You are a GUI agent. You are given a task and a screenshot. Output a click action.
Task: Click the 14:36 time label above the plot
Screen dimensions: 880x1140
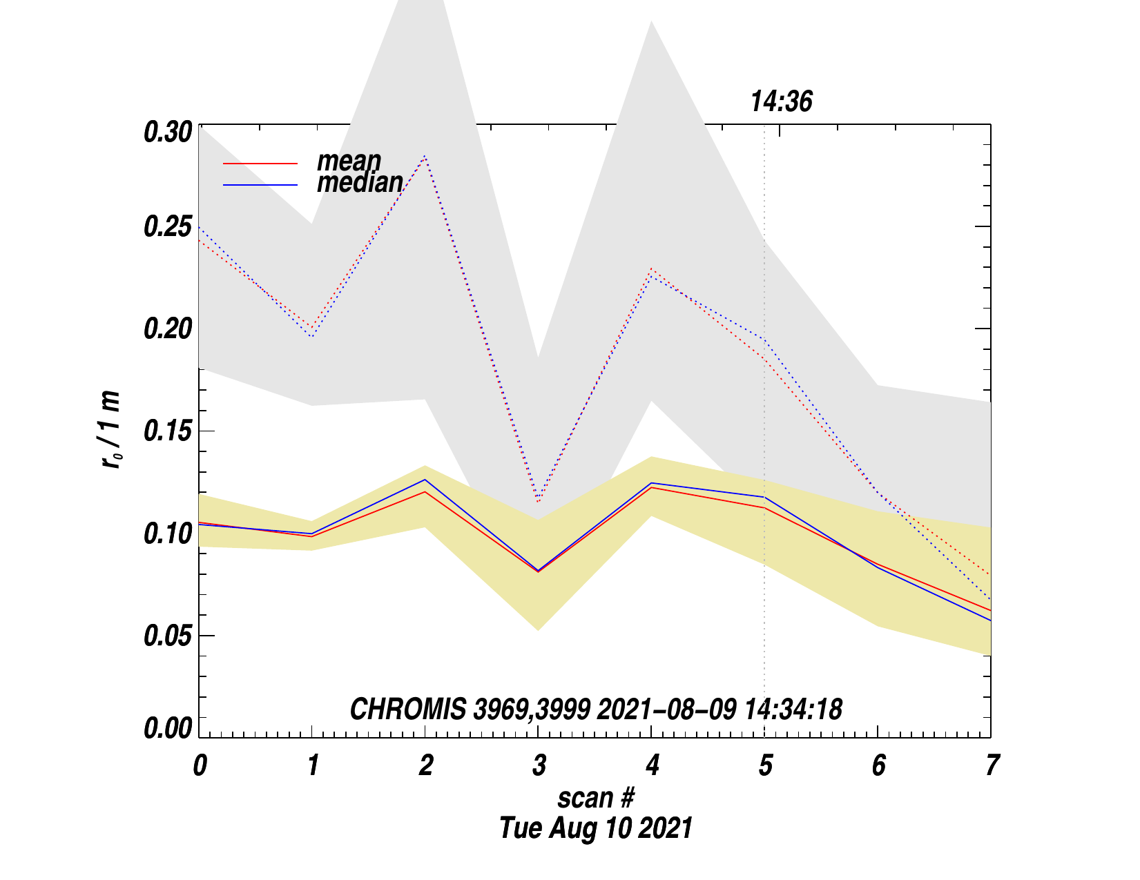781,102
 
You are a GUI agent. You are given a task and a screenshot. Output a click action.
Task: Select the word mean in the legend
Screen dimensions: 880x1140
349,161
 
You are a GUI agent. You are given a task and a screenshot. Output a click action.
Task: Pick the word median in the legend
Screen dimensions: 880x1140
360,182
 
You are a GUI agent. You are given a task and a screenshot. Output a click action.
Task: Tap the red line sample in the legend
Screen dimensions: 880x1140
260,164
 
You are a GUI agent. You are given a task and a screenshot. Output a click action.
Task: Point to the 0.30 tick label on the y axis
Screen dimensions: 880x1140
166,132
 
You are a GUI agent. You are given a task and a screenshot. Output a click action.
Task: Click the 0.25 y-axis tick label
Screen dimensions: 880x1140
166,227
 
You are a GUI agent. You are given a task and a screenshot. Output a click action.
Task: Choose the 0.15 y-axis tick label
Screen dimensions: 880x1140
166,431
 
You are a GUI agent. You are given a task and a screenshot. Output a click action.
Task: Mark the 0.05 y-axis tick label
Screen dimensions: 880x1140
166,636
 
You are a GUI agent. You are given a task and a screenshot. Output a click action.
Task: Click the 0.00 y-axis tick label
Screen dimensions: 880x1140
166,728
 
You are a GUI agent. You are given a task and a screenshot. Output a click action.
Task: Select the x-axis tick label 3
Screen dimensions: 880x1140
539,765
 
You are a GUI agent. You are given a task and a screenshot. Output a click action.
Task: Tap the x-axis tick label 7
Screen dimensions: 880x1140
992,765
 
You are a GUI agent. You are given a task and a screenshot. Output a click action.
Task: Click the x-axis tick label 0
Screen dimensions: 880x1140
200,765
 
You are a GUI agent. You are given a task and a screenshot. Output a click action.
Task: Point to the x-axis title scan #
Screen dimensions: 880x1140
595,798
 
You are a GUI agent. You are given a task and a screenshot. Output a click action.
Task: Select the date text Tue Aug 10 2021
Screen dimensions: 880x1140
595,828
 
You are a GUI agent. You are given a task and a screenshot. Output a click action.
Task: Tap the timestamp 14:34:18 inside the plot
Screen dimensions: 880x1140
793,710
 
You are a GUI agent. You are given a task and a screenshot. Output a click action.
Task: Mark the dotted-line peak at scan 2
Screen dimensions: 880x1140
425,157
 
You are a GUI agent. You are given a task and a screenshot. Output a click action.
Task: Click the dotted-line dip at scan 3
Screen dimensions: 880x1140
538,499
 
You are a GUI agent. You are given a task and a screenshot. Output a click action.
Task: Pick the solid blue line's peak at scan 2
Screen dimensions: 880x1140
425,480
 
